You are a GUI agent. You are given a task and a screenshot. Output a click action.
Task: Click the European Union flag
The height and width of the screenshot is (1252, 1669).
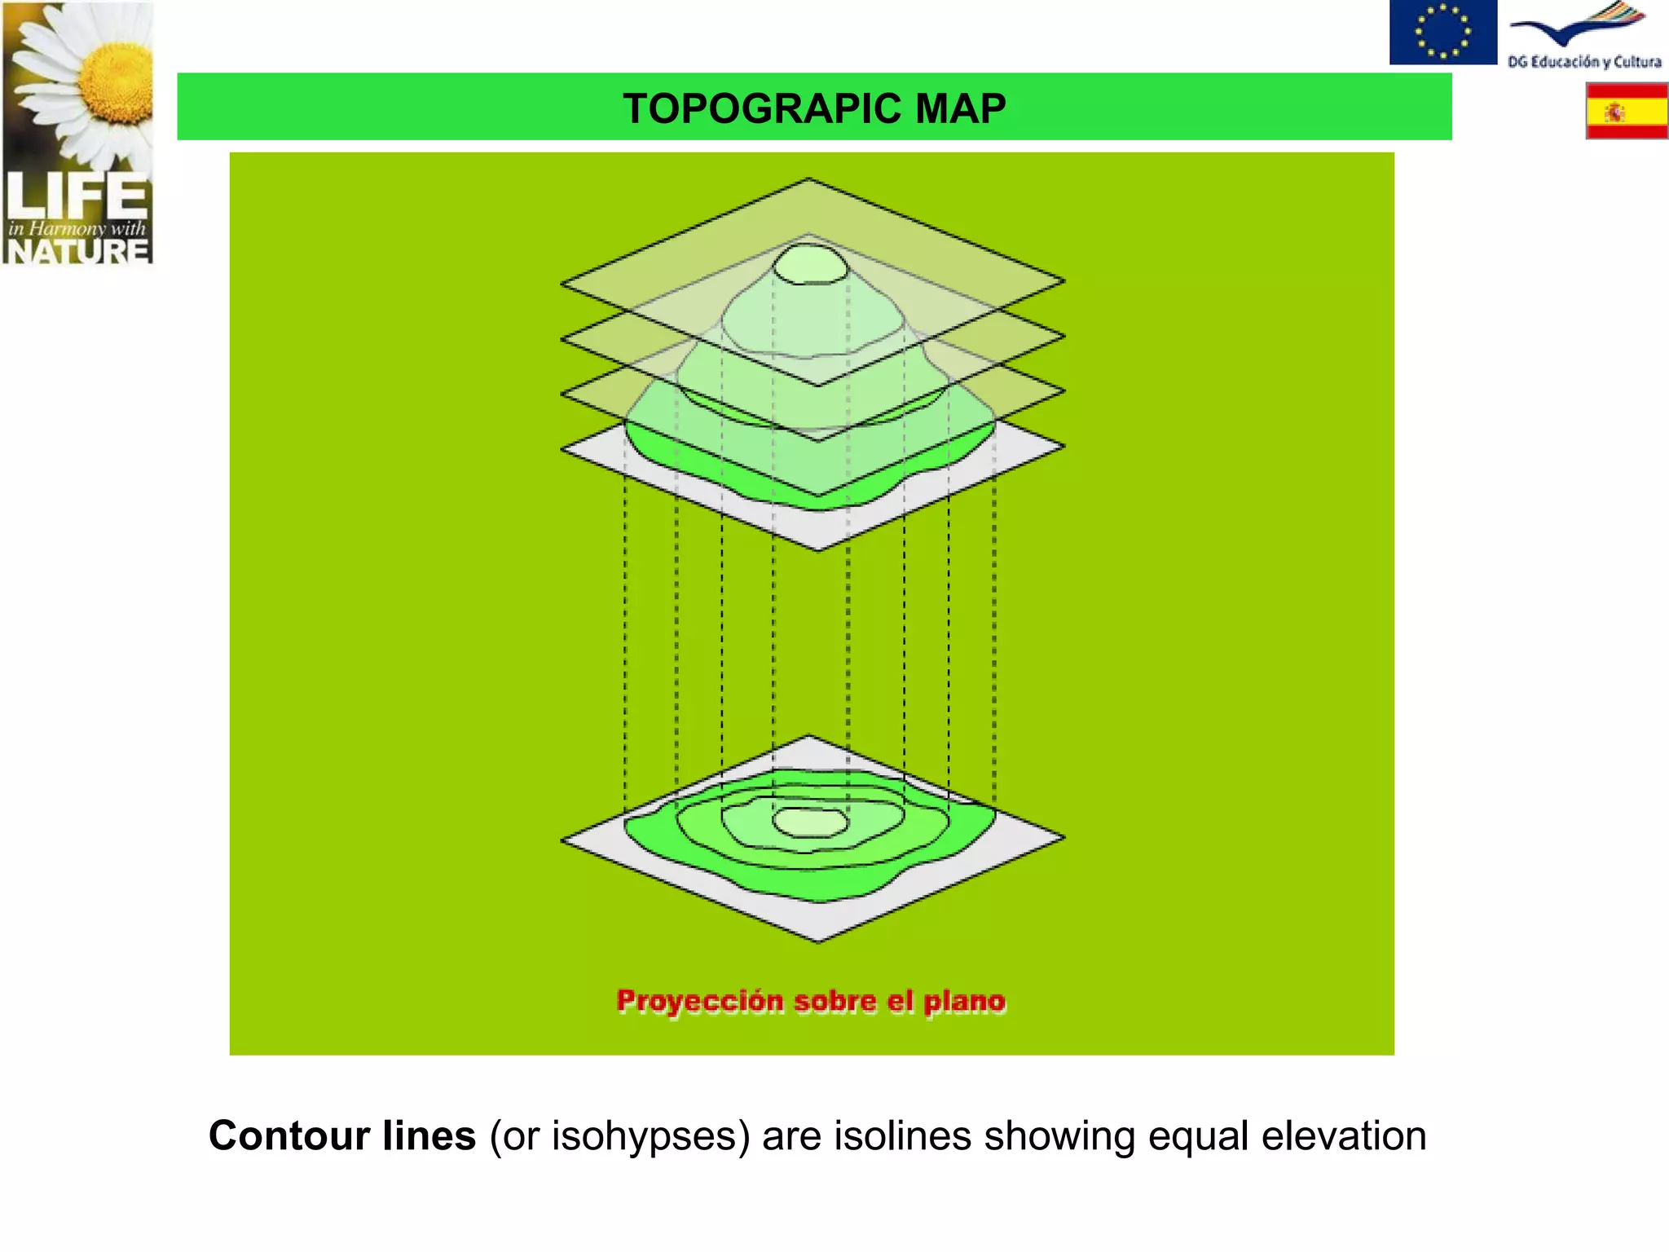point(1442,32)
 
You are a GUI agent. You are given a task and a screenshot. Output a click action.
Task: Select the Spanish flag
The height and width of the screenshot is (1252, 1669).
point(1626,111)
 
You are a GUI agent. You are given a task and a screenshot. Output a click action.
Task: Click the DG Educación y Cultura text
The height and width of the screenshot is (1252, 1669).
point(1583,62)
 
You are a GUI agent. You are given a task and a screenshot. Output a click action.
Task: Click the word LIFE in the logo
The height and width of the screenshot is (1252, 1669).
point(77,196)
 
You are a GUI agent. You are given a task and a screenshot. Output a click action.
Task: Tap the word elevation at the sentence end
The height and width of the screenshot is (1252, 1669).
point(1344,1135)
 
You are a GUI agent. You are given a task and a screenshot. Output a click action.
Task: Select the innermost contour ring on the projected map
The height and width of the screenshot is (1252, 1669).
point(810,822)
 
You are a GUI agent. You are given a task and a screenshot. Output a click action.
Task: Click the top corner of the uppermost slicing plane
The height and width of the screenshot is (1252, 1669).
point(808,179)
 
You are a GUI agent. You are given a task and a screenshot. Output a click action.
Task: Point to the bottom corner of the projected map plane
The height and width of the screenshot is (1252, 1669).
point(819,941)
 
